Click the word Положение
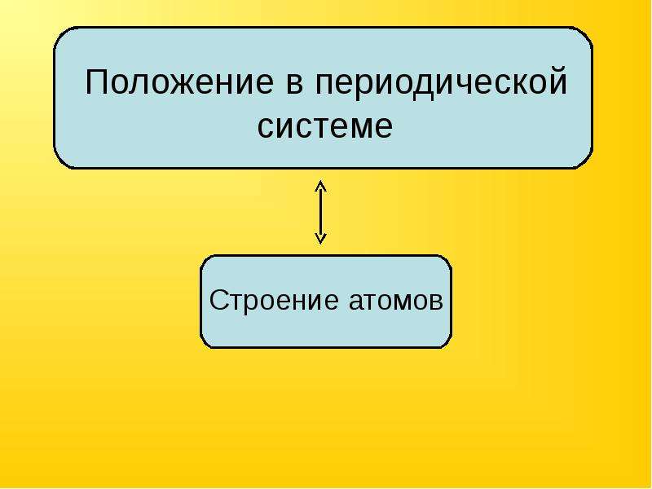(x=179, y=82)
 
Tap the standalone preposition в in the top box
(x=295, y=85)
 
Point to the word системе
(x=325, y=127)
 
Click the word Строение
(x=274, y=300)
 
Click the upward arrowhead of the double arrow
(x=320, y=186)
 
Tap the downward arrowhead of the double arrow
(x=320, y=239)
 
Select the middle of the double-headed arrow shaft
(x=320, y=212)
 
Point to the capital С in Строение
(x=219, y=300)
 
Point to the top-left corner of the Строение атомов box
(x=205, y=259)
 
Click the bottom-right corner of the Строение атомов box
(x=447, y=343)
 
